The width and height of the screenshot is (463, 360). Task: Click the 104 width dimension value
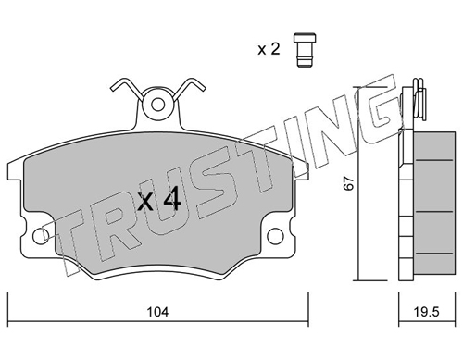pos(157,312)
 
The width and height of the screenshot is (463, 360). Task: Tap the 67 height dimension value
pos(349,183)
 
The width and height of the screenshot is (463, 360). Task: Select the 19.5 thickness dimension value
pos(426,312)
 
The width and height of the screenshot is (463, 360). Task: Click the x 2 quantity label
pos(269,49)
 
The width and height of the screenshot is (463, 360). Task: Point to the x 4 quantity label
pos(159,200)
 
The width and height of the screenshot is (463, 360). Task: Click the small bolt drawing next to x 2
pos(305,50)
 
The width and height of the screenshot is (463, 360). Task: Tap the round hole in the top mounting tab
pos(158,105)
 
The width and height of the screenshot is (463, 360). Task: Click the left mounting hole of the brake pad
pos(41,237)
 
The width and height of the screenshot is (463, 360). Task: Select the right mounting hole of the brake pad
pos(275,236)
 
